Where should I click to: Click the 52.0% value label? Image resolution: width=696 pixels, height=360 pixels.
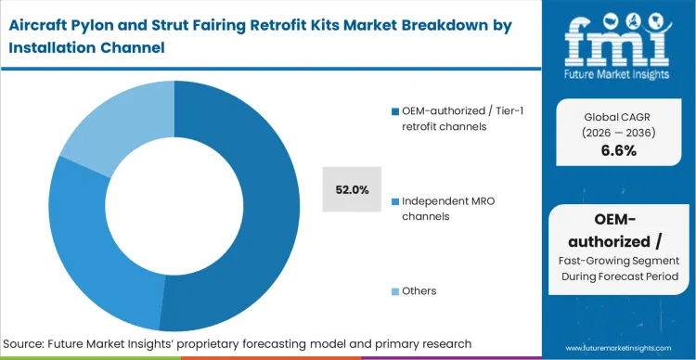coord(352,190)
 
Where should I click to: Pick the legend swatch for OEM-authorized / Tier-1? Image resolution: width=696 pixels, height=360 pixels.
coord(394,112)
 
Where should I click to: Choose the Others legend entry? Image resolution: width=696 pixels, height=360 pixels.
coord(419,290)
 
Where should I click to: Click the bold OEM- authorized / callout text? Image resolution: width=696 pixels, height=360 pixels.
coord(612,233)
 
